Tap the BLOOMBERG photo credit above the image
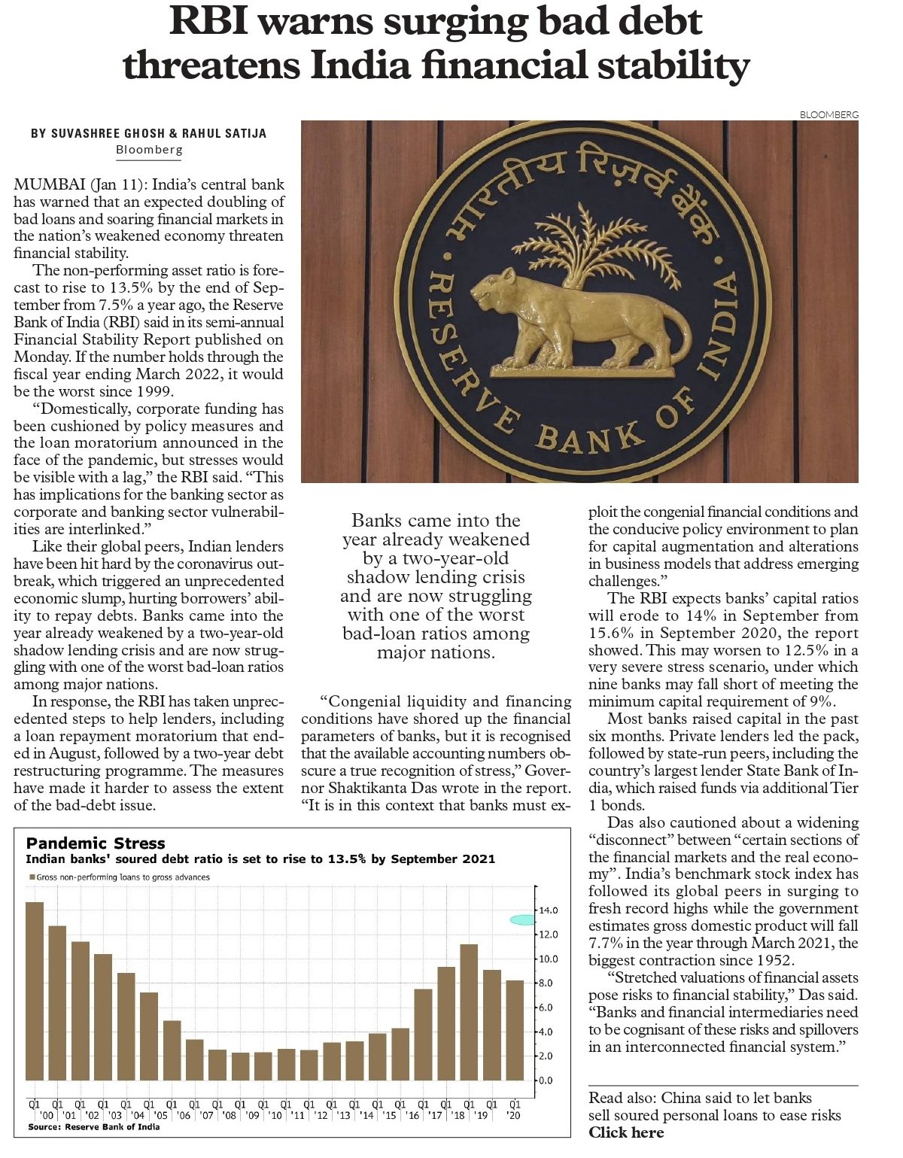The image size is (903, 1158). pyautogui.click(x=829, y=114)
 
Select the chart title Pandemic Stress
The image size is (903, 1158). pyautogui.click(x=96, y=843)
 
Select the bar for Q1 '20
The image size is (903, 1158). pyautogui.click(x=515, y=1030)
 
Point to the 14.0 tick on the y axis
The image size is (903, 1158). pyautogui.click(x=547, y=910)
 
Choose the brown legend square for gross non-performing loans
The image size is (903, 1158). pyautogui.click(x=32, y=877)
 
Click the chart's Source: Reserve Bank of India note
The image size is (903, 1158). pyautogui.click(x=93, y=1126)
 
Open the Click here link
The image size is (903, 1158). pyautogui.click(x=626, y=1132)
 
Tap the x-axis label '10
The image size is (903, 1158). pyautogui.click(x=275, y=1115)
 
